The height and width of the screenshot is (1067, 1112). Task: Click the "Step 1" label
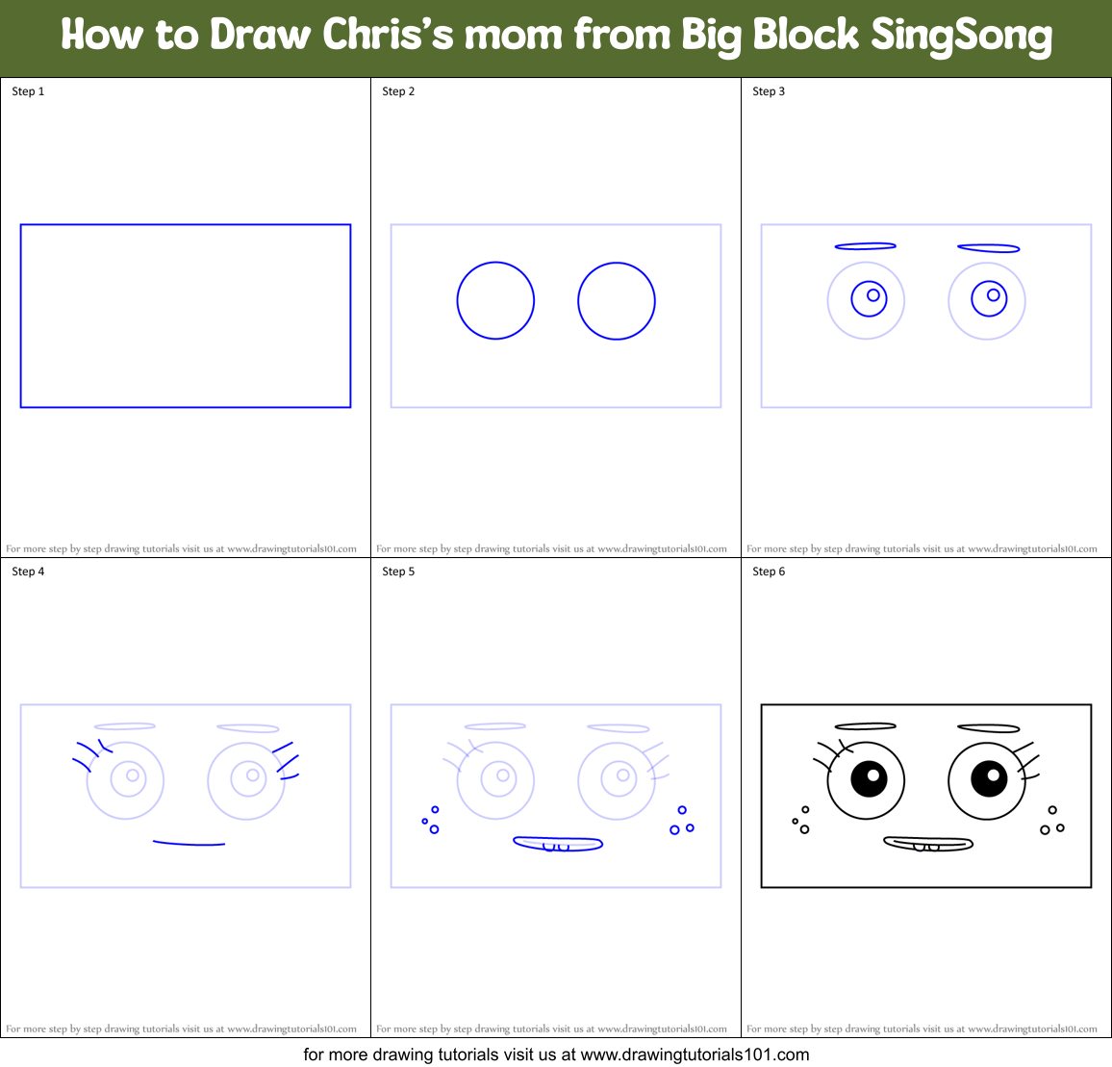coord(28,91)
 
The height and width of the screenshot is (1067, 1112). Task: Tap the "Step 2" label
coord(398,91)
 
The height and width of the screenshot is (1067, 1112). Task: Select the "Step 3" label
coord(769,91)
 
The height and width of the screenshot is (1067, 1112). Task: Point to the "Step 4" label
coord(28,572)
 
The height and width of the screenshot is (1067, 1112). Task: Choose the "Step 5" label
coord(398,572)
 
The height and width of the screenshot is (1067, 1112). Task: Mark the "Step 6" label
coord(769,572)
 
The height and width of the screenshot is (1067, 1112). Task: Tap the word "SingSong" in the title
coord(961,37)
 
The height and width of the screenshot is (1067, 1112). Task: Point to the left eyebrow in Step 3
coord(866,246)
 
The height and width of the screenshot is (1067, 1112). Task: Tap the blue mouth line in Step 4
coord(189,844)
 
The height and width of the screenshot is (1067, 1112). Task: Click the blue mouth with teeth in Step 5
coord(558,844)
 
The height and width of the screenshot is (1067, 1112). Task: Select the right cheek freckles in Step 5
coord(681,822)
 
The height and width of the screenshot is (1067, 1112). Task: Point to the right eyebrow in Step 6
coord(988,728)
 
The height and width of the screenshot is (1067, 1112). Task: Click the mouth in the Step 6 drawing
coord(928,844)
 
